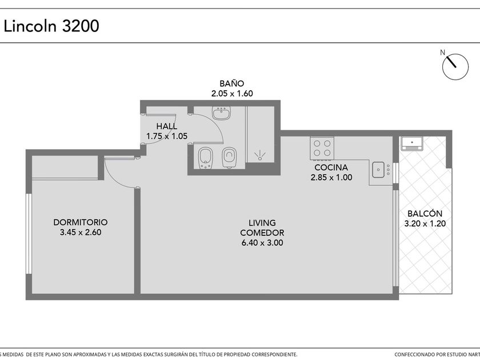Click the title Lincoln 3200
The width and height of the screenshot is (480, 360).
click(51, 26)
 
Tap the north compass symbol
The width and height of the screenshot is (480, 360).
click(455, 67)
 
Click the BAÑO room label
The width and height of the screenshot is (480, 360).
click(232, 83)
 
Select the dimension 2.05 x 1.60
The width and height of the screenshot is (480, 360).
click(232, 93)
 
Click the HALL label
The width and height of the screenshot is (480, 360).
click(166, 126)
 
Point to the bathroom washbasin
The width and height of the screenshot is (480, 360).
click(221, 113)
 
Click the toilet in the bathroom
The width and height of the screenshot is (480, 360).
click(229, 157)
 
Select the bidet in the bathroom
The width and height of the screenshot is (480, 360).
click(205, 158)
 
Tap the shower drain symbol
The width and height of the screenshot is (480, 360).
click(260, 155)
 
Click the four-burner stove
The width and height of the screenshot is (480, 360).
click(322, 149)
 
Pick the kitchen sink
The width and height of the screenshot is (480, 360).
click(378, 170)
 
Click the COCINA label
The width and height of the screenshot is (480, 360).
click(331, 167)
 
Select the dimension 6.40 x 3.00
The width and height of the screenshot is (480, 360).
click(262, 243)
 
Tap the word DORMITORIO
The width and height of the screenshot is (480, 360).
click(80, 222)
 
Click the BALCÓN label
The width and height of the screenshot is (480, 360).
click(425, 213)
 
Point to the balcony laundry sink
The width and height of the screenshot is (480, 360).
click(412, 143)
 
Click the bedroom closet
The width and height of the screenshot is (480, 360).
click(65, 167)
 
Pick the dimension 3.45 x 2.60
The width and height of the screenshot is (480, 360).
click(81, 233)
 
